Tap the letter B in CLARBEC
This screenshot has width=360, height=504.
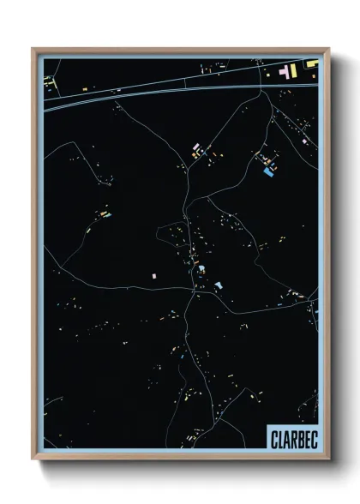point(297,437)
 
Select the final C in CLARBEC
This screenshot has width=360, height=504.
point(312,437)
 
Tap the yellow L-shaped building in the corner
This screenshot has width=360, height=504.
point(311,63)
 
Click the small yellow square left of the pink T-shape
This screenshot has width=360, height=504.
point(267,74)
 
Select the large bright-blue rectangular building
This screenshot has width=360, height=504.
point(268,172)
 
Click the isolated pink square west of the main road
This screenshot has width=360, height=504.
point(154,276)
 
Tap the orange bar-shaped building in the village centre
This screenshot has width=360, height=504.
point(195,256)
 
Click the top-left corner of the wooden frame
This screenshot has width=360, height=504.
point(33,49)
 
